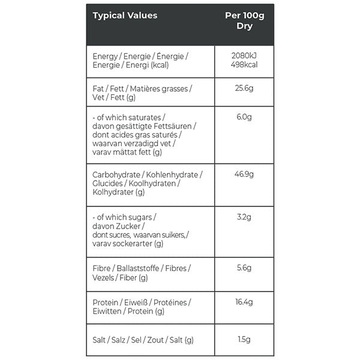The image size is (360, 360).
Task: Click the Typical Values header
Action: (x=125, y=16)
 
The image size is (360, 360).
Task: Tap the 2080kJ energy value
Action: (x=244, y=56)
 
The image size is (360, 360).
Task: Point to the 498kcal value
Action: (x=244, y=65)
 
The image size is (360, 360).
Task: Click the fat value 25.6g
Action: (x=244, y=88)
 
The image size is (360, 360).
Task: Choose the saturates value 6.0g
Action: (x=244, y=116)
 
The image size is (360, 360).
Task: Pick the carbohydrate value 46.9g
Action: (x=244, y=174)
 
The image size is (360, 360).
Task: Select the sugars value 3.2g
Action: (x=244, y=216)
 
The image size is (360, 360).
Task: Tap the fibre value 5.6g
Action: (x=244, y=268)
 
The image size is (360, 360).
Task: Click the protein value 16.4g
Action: (x=244, y=302)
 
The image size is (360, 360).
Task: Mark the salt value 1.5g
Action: (x=244, y=340)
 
